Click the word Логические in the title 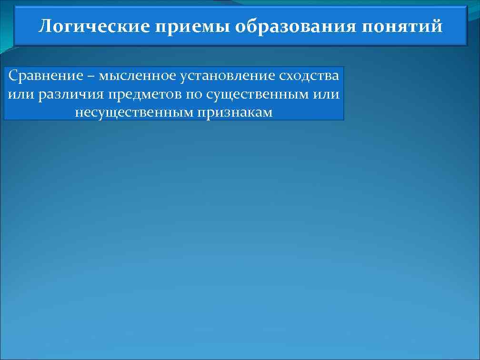coord(94,26)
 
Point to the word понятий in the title coord(402,27)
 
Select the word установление coord(222,76)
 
